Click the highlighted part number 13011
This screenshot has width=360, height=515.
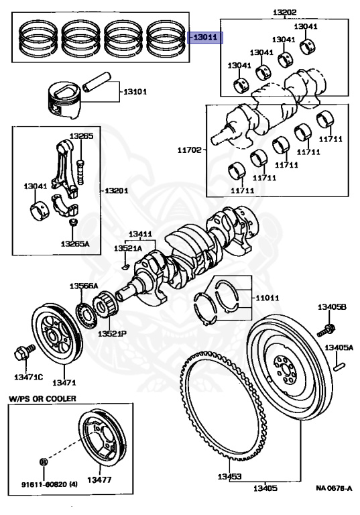205,38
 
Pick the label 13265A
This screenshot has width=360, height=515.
74,243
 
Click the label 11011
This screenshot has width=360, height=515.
266,297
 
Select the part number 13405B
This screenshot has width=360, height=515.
332,307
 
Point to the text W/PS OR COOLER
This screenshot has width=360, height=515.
42,398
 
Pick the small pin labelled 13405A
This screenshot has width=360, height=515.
341,365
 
